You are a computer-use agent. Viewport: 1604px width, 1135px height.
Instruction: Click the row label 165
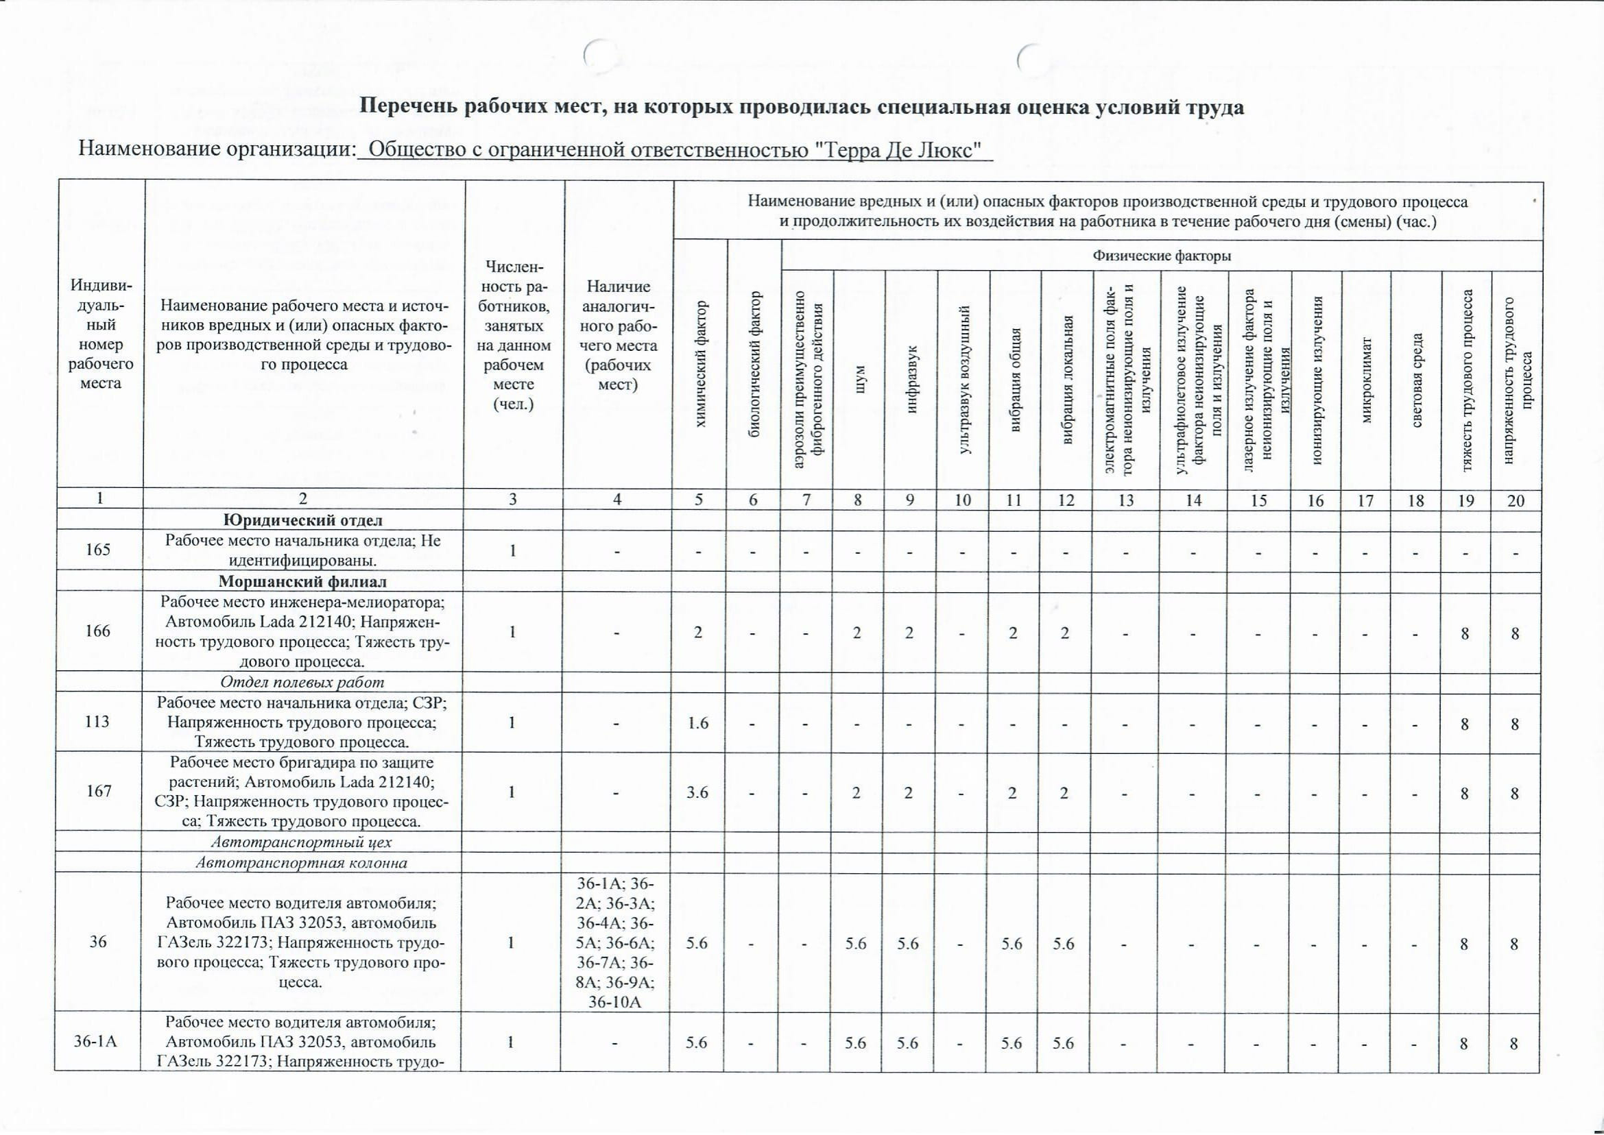(x=98, y=549)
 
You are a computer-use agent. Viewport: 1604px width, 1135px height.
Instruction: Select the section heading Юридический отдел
(x=302, y=520)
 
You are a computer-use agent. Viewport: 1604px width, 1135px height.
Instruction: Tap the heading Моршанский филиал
(x=302, y=581)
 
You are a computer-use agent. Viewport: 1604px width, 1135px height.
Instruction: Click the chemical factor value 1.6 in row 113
(x=697, y=722)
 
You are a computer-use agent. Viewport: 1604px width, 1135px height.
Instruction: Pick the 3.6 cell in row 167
(x=697, y=791)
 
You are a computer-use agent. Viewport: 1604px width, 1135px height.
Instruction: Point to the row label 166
(x=98, y=631)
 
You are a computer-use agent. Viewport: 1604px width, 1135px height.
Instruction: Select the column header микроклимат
(x=1366, y=381)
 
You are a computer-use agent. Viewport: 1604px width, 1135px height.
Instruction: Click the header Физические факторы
(x=1162, y=256)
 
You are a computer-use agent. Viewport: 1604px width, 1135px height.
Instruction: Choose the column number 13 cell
(x=1126, y=500)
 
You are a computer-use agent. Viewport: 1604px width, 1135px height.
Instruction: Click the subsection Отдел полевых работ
(x=302, y=681)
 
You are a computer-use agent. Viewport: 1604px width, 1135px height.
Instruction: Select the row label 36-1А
(x=97, y=1042)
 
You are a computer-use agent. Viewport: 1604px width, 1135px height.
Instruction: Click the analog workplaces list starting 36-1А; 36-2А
(x=616, y=942)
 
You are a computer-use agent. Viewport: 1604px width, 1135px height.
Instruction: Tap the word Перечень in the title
(x=406, y=107)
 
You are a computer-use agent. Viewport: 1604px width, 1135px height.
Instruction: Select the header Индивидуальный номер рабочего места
(x=101, y=334)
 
